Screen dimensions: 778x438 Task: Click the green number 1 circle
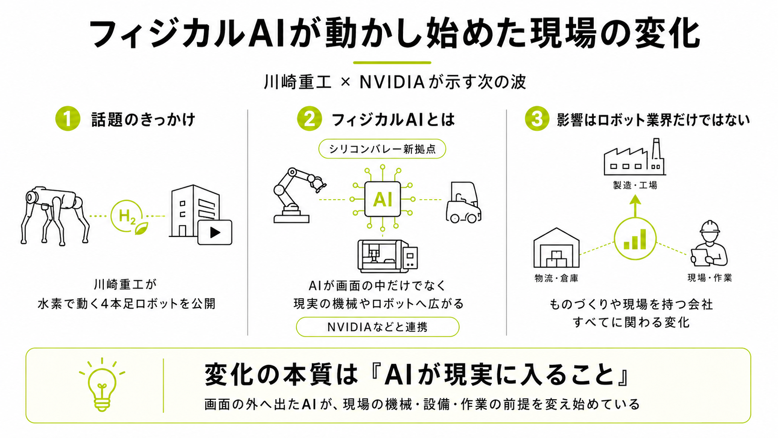click(68, 118)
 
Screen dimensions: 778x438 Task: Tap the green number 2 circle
click(309, 118)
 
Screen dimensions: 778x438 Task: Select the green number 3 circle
click(537, 118)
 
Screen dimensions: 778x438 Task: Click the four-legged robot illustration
click(54, 216)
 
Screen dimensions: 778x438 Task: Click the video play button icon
click(215, 232)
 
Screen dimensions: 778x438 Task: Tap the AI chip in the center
click(382, 199)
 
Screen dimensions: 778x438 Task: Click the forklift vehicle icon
click(463, 202)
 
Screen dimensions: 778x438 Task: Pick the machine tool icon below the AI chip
click(388, 256)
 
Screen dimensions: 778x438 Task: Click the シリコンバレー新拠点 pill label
click(382, 149)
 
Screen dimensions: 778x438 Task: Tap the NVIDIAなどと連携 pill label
click(377, 327)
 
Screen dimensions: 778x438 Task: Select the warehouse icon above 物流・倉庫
click(557, 248)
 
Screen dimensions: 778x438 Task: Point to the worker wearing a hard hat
click(709, 243)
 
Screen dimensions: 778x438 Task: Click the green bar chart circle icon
click(635, 239)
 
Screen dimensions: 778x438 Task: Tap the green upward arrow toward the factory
click(635, 206)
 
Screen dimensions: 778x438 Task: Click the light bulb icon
click(102, 385)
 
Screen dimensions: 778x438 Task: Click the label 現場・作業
click(710, 278)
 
